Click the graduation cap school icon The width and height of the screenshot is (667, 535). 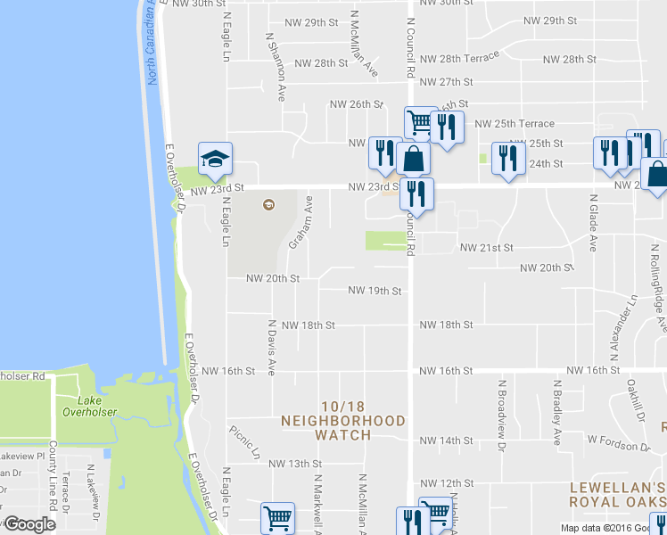pyautogui.click(x=214, y=159)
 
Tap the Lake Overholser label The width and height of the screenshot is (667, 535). pyautogui.click(x=85, y=407)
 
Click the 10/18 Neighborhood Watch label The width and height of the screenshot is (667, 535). pyautogui.click(x=343, y=427)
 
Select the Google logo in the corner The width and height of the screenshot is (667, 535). pyautogui.click(x=29, y=524)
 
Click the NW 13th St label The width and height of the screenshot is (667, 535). pyautogui.click(x=294, y=464)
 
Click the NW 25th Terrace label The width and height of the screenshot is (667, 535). pyautogui.click(x=515, y=123)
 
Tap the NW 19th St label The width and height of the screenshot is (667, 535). pyautogui.click(x=375, y=291)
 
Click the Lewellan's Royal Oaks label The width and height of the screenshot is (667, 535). pyautogui.click(x=618, y=494)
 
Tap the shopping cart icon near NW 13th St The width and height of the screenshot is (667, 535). pyautogui.click(x=277, y=517)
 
